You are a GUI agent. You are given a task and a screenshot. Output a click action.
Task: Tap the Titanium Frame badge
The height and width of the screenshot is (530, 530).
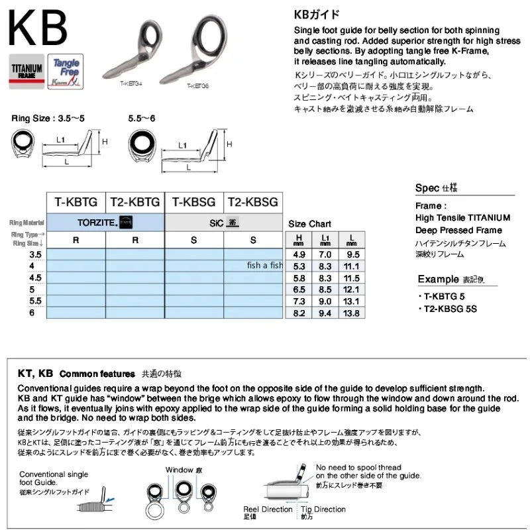(x=26, y=70)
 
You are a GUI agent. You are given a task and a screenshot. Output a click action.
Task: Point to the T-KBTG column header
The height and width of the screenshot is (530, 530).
(x=76, y=201)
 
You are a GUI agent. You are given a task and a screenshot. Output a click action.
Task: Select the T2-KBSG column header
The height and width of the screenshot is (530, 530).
(x=252, y=201)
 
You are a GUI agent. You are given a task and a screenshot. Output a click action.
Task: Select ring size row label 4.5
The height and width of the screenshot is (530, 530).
(x=35, y=278)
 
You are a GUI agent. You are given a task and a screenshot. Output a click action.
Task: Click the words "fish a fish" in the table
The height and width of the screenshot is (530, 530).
(x=265, y=266)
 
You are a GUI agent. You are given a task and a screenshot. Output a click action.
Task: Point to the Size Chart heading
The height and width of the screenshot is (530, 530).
(x=309, y=224)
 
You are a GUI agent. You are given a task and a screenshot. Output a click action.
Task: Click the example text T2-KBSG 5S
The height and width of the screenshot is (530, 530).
(x=452, y=309)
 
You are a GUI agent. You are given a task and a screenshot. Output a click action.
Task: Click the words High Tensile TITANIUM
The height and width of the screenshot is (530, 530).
(x=463, y=217)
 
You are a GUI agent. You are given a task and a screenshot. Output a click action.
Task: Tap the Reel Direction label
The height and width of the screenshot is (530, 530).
(x=268, y=509)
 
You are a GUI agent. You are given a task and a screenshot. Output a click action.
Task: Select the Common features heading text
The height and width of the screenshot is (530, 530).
(x=97, y=374)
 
